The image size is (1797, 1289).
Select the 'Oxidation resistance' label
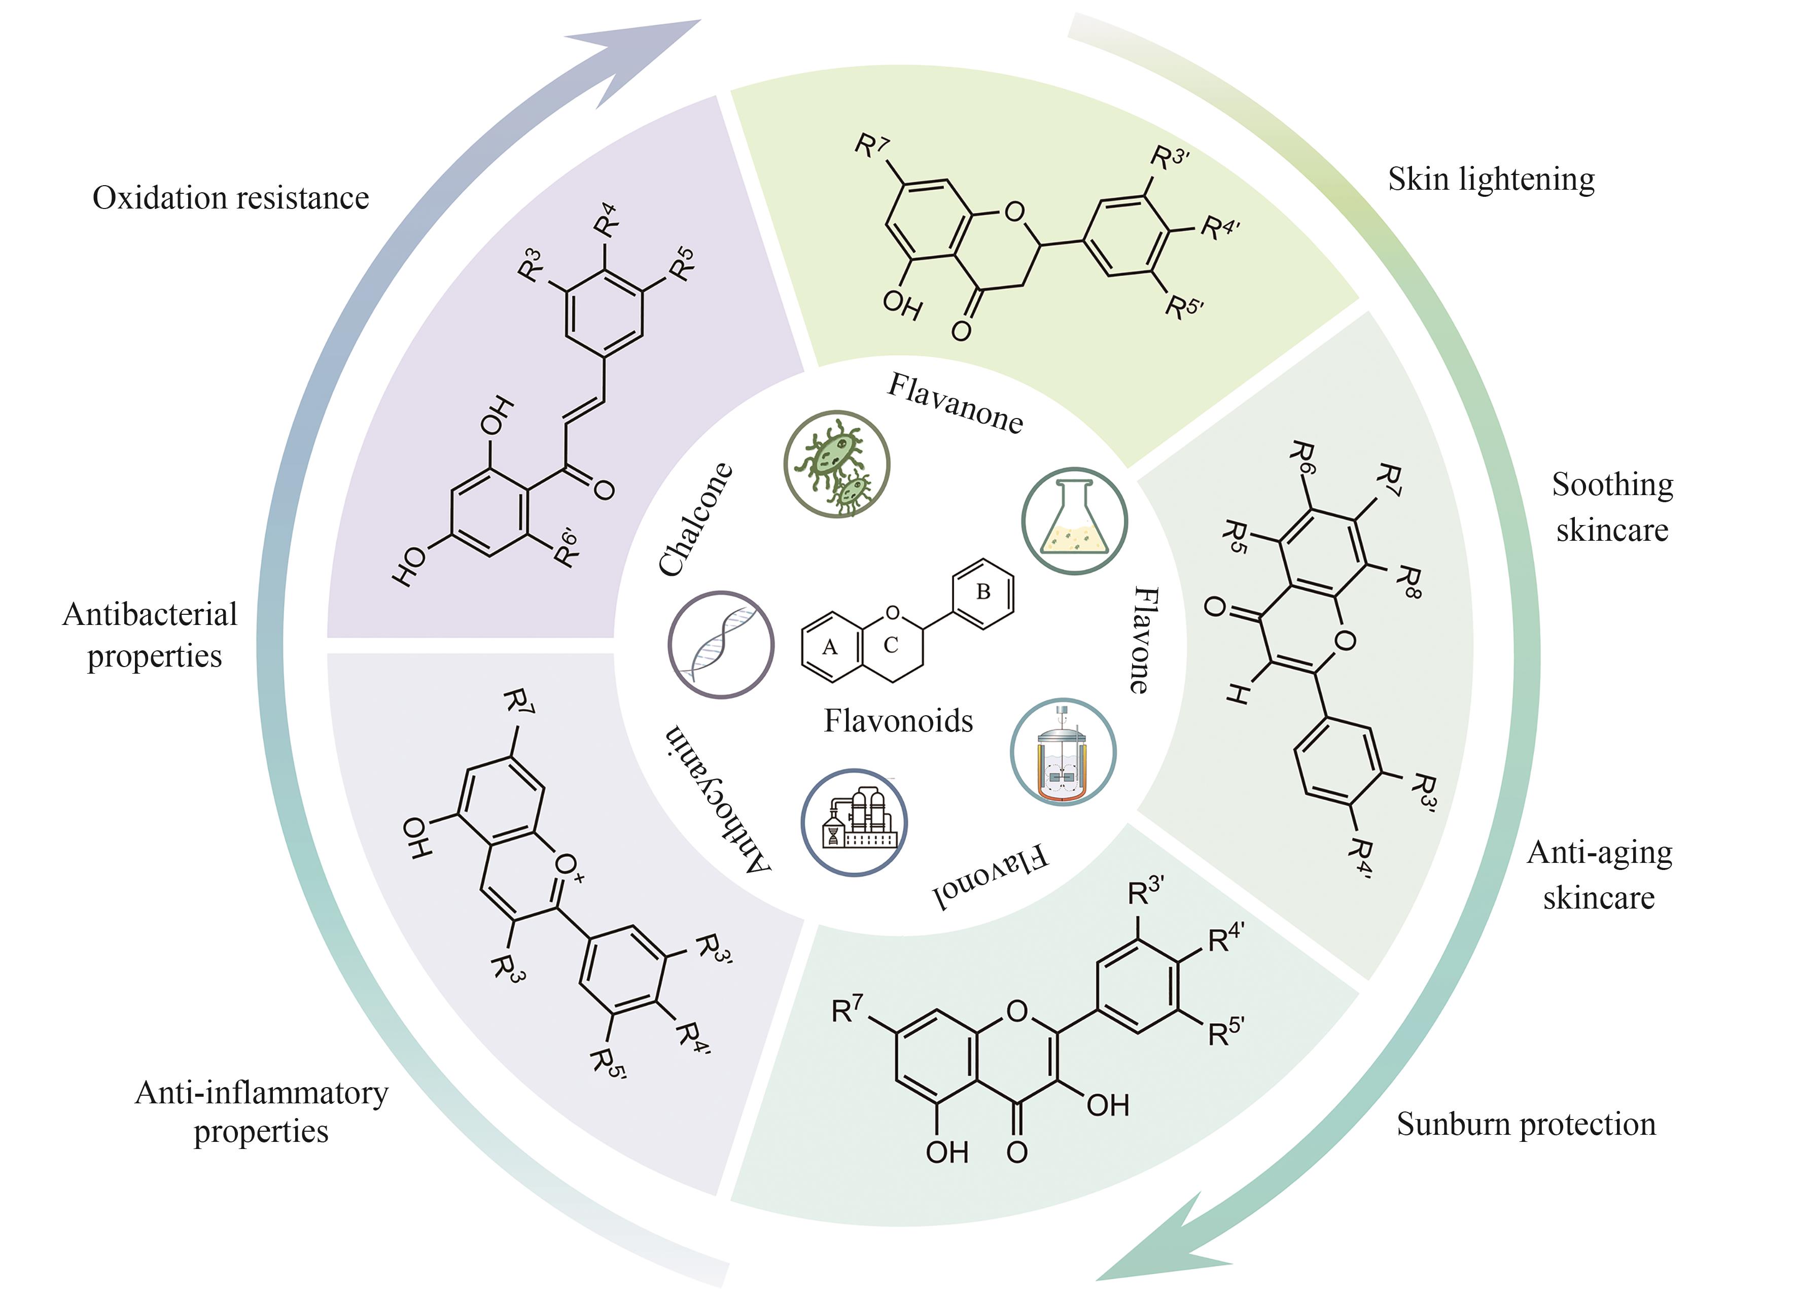point(231,198)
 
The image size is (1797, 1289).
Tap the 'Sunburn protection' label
point(1525,1124)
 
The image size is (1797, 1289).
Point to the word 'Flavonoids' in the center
point(898,721)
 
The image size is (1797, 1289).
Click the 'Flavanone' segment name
point(955,404)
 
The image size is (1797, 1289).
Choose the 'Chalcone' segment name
point(696,519)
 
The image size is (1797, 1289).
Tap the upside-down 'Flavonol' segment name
point(991,880)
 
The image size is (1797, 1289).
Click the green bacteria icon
point(837,464)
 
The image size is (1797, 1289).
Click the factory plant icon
point(854,822)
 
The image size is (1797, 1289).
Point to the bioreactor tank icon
point(1063,752)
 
